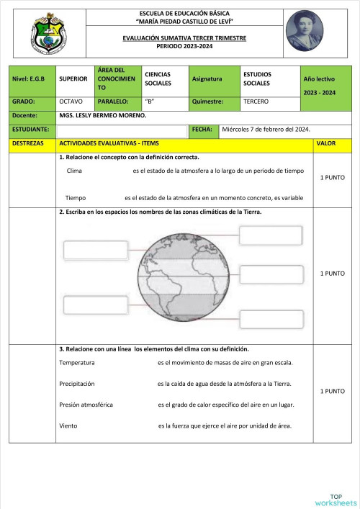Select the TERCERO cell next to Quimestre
(x=256, y=102)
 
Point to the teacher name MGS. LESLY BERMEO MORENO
(x=103, y=115)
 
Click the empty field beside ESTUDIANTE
(x=122, y=130)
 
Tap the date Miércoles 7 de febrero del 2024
(x=266, y=130)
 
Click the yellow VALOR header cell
(x=325, y=143)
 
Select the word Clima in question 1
(x=74, y=171)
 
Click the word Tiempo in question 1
(x=76, y=197)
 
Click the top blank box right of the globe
(x=266, y=235)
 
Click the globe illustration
(x=178, y=277)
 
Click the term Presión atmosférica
(x=86, y=405)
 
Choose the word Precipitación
(x=77, y=384)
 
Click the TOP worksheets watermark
(x=336, y=499)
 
